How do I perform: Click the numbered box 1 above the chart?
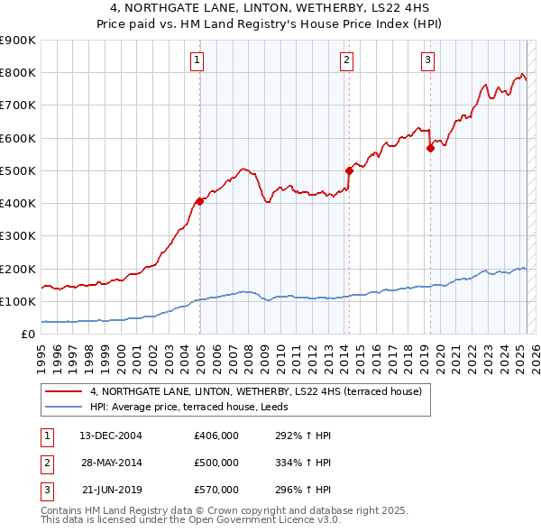pos(197,60)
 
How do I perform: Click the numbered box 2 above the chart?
pos(346,60)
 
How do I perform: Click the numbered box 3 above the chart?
pos(427,60)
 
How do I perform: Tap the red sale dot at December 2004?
pos(199,201)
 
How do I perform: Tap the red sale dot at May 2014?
pos(349,170)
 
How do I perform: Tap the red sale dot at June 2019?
pos(430,149)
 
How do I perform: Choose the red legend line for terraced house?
pos(64,392)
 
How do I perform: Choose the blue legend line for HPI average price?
pos(64,408)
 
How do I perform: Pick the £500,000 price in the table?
pos(216,463)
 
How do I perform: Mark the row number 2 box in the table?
pos(45,463)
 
